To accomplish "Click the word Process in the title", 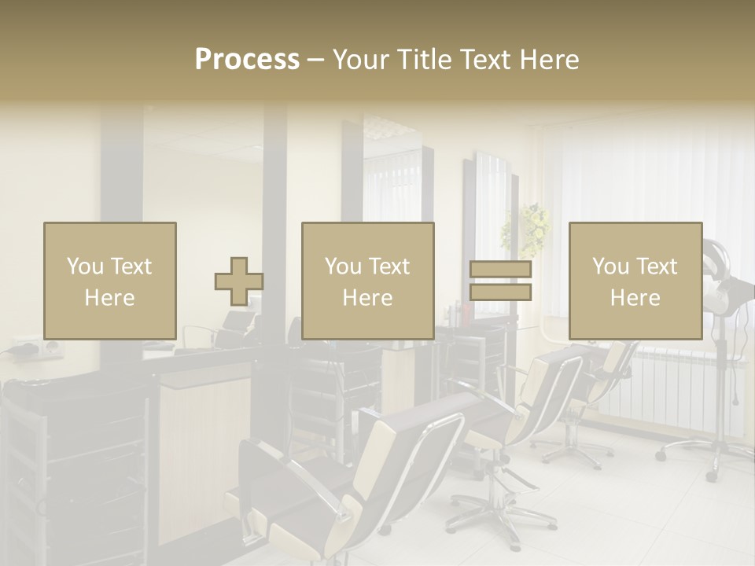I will click(x=247, y=60).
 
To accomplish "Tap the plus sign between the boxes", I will click(x=239, y=281).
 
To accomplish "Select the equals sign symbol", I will click(x=500, y=281).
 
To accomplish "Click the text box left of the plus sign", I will click(x=109, y=281).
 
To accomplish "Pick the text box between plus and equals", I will click(x=367, y=281).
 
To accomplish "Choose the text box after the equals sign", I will click(x=635, y=281).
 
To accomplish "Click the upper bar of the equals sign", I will click(x=500, y=270).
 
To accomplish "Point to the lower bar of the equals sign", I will click(x=500, y=292).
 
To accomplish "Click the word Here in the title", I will click(x=549, y=60).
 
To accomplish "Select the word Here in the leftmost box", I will click(x=109, y=298).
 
